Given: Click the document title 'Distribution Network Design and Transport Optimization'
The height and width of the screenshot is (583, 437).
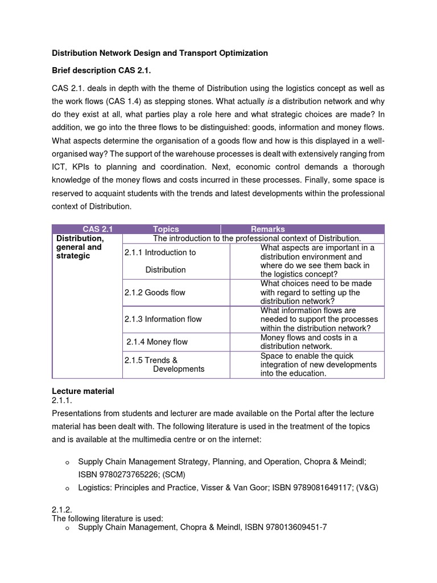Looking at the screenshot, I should (160, 53).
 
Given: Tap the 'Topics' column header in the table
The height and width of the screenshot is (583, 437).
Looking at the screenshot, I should (166, 229).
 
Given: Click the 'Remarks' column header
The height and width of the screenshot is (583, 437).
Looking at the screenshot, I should (271, 229).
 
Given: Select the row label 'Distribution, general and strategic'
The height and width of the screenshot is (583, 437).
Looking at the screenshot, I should (79, 247).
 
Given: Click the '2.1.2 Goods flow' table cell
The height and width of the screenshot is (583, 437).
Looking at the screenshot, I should (155, 292).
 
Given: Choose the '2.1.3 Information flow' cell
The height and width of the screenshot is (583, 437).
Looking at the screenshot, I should (163, 319).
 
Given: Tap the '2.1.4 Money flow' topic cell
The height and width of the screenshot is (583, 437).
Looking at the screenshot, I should (157, 342).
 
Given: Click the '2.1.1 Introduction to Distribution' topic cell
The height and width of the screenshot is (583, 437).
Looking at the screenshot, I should (160, 261).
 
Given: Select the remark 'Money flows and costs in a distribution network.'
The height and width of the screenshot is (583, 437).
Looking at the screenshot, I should (308, 342).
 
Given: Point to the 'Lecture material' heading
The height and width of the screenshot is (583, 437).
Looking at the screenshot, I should (83, 391).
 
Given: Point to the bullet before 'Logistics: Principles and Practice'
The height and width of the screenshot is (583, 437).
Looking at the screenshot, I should (67, 488).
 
